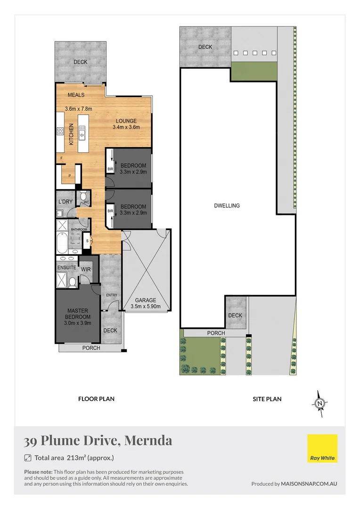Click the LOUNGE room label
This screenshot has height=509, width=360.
pos(126,121)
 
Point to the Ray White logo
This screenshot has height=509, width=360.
pos(322,448)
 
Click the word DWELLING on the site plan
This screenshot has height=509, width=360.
pos(227,205)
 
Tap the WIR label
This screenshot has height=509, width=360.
pos(86,269)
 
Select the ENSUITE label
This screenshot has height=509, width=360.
pos(66,268)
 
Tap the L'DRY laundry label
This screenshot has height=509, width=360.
pos(65,202)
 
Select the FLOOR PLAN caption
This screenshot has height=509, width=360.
pos(96,399)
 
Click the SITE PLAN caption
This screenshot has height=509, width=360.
pos(267,399)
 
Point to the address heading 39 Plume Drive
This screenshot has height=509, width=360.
pos(98,441)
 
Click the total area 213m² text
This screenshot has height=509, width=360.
pos(74,458)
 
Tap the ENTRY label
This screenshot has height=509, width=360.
pos(112,295)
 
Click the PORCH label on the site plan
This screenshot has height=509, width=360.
pos(216,333)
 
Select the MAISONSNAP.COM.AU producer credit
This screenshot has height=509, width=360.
pos(309,484)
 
